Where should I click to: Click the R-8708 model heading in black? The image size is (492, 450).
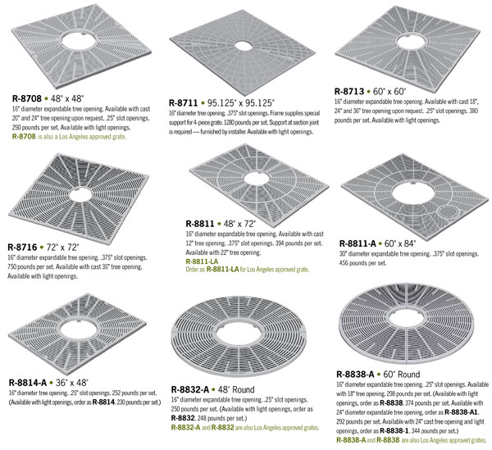tap(27, 98)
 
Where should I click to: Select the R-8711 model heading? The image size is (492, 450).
tap(183, 102)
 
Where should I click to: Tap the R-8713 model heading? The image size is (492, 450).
tap(349, 91)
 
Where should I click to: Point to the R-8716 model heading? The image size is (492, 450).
tap(22, 247)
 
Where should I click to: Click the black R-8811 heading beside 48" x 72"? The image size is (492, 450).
tap(200, 224)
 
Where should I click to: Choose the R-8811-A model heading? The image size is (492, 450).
tap(358, 243)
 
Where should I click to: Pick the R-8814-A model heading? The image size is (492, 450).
tap(28, 383)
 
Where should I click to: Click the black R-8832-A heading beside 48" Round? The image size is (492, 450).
tap(190, 389)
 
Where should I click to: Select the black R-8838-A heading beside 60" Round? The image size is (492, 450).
tap(355, 374)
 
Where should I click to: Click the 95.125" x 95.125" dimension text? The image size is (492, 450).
tap(240, 102)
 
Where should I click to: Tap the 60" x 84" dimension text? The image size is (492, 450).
tap(400, 243)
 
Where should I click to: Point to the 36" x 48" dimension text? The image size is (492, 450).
tap(72, 383)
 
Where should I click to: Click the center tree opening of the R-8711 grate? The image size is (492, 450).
tap(243, 46)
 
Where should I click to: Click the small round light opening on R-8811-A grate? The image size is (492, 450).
tap(448, 211)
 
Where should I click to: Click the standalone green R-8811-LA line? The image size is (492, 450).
tap(202, 261)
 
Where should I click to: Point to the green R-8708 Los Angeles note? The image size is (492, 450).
tap(69, 136)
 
